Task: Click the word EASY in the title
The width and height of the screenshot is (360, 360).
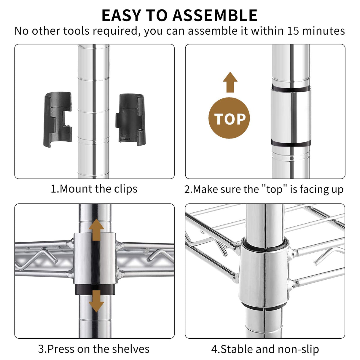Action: point(121,15)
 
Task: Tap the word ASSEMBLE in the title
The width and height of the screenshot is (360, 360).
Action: point(215,15)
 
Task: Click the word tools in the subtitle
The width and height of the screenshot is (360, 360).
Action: point(76,31)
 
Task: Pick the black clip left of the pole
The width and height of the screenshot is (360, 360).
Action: point(58,120)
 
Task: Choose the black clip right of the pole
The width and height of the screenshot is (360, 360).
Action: point(130,120)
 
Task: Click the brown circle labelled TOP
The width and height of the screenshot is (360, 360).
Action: point(229,118)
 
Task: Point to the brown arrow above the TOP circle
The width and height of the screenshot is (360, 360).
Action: point(230,82)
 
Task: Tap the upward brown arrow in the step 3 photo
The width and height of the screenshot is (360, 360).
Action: point(96,230)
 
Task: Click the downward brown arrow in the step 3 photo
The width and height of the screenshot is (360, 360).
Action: point(96,301)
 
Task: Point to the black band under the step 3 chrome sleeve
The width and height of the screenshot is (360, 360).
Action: point(95,289)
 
